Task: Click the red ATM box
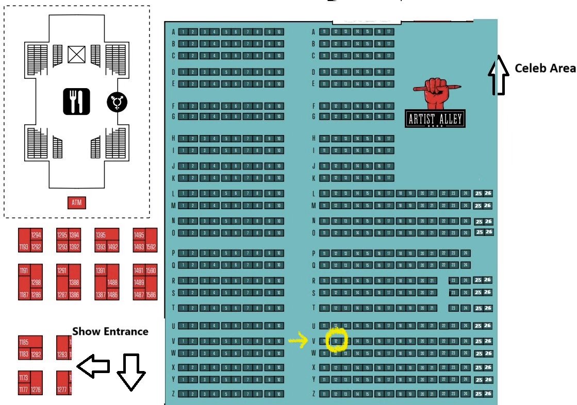76,203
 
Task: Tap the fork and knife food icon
77,101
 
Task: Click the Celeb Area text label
545,69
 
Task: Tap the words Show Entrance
110,331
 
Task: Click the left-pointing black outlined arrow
93,366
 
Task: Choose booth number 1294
36,235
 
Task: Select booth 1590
151,271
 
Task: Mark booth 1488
113,282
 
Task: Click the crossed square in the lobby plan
76,55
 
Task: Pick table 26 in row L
488,193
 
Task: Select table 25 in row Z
478,394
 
